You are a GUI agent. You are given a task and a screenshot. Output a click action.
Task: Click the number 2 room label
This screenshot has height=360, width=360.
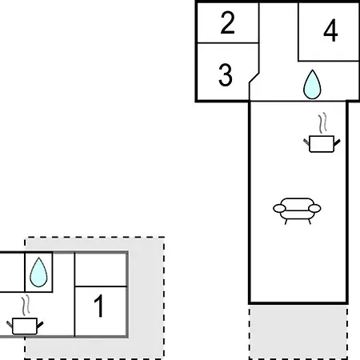click(227, 22)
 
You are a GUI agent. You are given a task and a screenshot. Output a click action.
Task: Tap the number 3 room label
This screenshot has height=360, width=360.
click(226, 75)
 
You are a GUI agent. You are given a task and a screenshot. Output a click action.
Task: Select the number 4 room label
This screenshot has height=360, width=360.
click(330, 30)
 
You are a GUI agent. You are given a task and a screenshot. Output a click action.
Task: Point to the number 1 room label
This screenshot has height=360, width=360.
click(99, 306)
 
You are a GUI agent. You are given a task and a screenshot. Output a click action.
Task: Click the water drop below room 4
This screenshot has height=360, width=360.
click(312, 85)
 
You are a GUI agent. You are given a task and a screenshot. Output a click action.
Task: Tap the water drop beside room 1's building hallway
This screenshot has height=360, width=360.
click(38, 272)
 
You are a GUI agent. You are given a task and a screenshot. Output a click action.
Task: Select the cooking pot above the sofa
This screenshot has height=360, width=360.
click(322, 144)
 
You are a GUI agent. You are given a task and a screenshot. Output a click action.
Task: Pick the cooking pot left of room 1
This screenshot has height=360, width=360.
click(25, 326)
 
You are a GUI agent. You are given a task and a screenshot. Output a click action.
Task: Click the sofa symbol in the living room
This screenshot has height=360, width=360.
click(297, 211)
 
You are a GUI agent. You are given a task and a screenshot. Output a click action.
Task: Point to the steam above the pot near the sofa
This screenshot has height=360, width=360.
click(322, 123)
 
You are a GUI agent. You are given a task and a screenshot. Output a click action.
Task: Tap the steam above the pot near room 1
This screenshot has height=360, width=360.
click(26, 306)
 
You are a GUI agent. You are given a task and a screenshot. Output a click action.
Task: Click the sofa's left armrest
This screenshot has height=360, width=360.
click(279, 209)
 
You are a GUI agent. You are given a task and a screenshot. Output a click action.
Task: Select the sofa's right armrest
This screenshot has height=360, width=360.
click(314, 209)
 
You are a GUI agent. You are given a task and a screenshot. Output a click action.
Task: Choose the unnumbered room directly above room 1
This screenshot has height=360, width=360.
click(101, 270)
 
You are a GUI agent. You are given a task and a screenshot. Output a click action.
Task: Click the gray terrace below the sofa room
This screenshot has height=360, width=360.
click(298, 331)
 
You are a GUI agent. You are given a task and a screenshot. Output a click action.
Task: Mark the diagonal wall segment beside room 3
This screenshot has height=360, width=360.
click(254, 78)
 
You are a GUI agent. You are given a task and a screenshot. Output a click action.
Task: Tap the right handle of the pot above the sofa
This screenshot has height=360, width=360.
click(337, 142)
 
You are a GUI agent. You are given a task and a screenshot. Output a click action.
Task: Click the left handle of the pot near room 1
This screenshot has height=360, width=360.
click(10, 324)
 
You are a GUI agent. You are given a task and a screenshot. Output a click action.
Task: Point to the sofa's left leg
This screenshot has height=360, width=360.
click(286, 222)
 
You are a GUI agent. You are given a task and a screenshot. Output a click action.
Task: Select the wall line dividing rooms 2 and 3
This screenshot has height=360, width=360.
click(228, 42)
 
